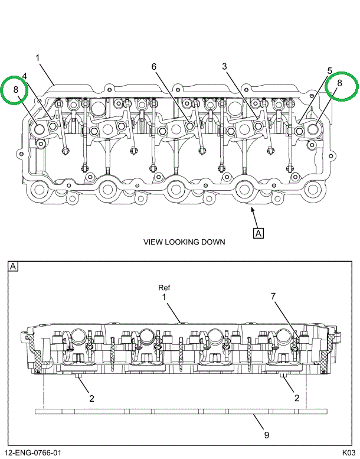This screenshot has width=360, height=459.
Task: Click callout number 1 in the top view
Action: click(x=37, y=58)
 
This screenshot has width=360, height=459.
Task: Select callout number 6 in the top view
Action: click(x=154, y=67)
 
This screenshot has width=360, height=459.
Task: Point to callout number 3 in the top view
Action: click(x=224, y=66)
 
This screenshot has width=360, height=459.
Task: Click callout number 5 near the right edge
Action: click(x=329, y=71)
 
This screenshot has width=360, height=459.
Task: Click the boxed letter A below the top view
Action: click(x=258, y=233)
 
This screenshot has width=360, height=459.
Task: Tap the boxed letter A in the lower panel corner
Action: click(x=14, y=266)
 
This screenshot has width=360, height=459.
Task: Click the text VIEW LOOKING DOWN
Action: click(x=184, y=242)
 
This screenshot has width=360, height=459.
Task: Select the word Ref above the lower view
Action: click(x=164, y=288)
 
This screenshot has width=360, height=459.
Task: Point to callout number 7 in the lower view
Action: click(x=273, y=297)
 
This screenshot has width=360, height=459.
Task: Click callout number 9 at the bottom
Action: click(x=267, y=435)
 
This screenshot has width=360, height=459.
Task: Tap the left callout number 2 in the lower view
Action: click(x=92, y=398)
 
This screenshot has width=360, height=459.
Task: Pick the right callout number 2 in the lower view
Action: click(x=296, y=398)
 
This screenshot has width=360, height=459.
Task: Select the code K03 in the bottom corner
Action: click(x=349, y=453)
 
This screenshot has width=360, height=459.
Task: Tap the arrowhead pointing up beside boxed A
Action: click(x=252, y=210)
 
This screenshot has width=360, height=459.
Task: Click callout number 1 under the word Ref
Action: click(x=164, y=297)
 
